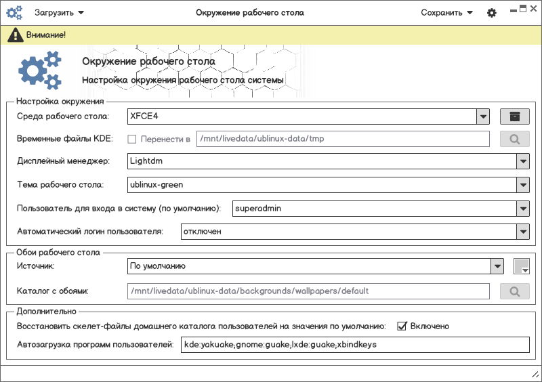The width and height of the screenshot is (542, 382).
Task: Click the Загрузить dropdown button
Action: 59,12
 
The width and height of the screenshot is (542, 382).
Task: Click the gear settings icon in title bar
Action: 492,13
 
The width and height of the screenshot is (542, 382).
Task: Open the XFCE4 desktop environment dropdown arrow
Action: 483,116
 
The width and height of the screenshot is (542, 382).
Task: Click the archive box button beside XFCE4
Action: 515,116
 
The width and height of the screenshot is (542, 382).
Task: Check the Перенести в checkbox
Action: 132,140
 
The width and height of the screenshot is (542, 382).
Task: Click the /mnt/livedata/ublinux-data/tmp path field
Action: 342,140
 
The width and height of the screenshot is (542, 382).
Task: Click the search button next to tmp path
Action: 515,140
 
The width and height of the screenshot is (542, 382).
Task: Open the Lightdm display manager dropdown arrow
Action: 522,162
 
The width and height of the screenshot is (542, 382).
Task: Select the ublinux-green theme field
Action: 322,185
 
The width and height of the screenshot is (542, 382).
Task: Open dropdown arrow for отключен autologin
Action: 522,232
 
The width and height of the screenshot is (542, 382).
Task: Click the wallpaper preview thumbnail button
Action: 522,267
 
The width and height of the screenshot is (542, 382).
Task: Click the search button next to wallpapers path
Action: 515,292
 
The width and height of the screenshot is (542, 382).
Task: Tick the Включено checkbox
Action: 402,326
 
